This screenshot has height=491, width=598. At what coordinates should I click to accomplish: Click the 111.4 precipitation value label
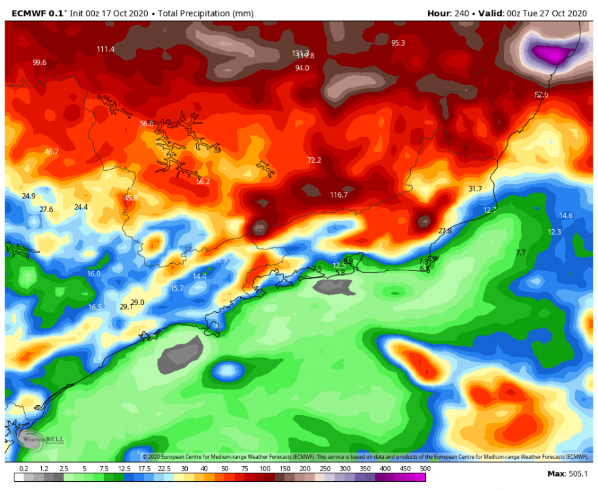click(105, 49)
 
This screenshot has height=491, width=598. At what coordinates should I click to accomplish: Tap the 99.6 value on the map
click(40, 63)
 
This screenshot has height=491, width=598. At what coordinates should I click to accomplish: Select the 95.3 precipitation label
click(398, 43)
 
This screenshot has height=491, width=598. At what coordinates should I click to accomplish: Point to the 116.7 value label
click(339, 195)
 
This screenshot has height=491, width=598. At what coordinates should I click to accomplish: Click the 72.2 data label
click(315, 160)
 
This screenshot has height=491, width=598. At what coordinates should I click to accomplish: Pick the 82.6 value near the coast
click(541, 95)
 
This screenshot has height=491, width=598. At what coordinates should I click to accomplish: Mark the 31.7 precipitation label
click(475, 189)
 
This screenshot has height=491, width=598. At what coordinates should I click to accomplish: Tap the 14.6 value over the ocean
click(566, 215)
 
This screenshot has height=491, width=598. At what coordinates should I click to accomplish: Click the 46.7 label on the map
click(52, 152)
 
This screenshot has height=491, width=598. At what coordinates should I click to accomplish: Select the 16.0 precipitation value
click(94, 274)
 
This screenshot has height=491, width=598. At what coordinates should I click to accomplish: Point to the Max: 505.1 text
click(567, 473)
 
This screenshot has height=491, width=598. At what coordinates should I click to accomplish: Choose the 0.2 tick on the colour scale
click(24, 469)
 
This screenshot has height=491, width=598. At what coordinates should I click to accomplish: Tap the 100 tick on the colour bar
click(266, 469)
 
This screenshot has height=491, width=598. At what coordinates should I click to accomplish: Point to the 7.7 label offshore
click(521, 253)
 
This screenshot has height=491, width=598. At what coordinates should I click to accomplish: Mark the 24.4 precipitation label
click(80, 207)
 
